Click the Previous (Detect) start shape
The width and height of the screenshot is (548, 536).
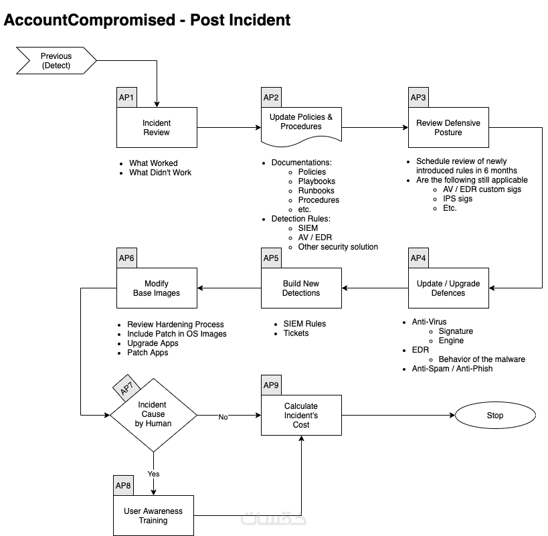coord(56,61)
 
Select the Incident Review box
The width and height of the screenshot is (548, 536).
coord(157,128)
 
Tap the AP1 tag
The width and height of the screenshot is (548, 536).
coord(126,98)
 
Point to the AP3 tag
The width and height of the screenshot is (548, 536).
coord(418,98)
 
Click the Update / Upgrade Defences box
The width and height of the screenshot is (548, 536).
coord(448,288)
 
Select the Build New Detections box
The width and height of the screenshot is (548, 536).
coord(301,288)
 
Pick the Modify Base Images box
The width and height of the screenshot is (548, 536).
coord(157,288)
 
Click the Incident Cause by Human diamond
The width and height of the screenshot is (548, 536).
coord(154,415)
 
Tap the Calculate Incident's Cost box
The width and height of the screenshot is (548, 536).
coord(301,416)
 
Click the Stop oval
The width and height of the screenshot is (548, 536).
coord(494,416)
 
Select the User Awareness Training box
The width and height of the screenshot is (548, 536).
coord(153,516)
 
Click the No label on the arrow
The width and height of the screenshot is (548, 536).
coord(223,417)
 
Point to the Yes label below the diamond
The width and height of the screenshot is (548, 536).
coord(154,474)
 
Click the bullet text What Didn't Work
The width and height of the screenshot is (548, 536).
coord(160,173)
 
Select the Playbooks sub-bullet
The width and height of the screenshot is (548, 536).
coord(316,181)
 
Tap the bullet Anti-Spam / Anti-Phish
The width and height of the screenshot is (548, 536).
coord(452,369)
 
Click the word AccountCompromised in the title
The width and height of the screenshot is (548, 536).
coord(89,20)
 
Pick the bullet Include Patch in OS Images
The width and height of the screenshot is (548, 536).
coord(177,334)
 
